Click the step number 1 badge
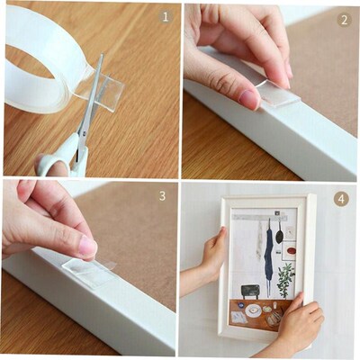coord(164,16)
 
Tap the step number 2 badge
coord(343,19)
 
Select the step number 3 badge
coord(162,194)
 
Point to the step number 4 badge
coord(341,198)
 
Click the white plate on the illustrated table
coord(255,310)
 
